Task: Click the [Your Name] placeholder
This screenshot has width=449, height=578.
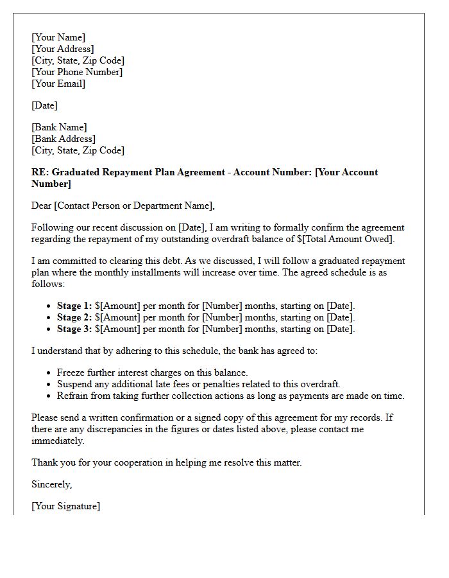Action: [x=58, y=37]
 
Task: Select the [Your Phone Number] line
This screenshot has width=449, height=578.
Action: [x=77, y=72]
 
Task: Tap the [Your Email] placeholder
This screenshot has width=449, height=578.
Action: [x=58, y=83]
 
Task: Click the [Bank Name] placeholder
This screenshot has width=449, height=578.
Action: [x=59, y=127]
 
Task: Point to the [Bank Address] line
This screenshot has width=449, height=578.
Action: [x=64, y=139]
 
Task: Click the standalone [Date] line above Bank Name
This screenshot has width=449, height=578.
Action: [x=44, y=105]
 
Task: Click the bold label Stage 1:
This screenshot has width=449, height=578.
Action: [x=74, y=306]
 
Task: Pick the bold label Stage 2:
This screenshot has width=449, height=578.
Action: [x=74, y=317]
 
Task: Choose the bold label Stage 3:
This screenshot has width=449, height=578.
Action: [x=74, y=329]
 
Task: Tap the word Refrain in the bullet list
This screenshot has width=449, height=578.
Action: [x=73, y=396]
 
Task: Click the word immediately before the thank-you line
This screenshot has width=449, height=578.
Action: [x=57, y=441]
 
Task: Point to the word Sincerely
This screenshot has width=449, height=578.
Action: [x=52, y=484]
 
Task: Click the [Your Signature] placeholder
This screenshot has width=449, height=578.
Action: [x=66, y=506]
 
